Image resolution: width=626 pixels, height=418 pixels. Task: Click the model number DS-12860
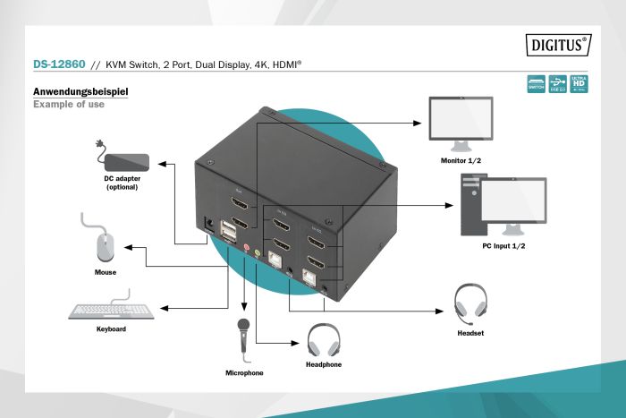tap(58, 66)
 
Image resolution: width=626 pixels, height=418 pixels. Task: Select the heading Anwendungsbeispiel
tap(80, 92)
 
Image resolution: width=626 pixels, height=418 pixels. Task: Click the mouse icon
tap(106, 244)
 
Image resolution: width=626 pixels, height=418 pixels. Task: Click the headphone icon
tap(323, 339)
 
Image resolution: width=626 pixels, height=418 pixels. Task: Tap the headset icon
tap(469, 305)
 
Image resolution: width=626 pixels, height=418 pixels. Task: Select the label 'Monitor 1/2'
tap(461, 160)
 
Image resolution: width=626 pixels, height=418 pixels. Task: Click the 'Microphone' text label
tap(244, 372)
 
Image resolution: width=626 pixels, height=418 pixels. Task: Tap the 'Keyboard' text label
tap(111, 329)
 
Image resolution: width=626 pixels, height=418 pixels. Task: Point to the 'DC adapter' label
tap(123, 183)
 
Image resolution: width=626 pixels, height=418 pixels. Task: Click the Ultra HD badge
tap(579, 84)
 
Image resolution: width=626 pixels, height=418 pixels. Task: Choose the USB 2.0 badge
tap(558, 84)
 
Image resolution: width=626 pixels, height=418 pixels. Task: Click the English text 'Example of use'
tap(69, 105)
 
